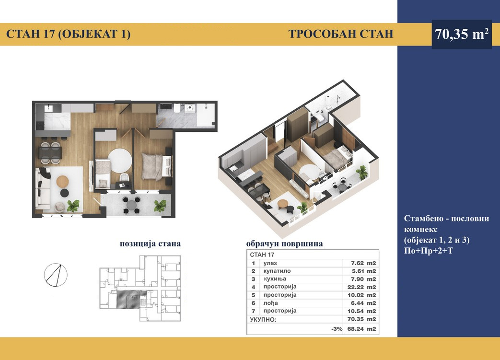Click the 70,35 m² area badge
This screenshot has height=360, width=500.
pos(462,34)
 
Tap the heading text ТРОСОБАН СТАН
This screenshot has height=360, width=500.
pos(341,34)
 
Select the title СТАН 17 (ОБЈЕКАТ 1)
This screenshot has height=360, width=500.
pos(68,34)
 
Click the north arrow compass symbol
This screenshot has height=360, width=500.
pos(56,275)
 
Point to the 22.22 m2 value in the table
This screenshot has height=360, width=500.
pos(361,287)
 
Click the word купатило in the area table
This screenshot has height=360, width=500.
pos(277,271)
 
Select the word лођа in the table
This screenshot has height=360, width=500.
pos(270,303)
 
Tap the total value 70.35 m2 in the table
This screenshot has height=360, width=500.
pos(361,319)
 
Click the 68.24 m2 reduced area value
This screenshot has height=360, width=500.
pos(361,329)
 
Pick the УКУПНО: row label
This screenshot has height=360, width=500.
pos(263,320)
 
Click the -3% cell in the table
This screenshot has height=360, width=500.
pos(337,329)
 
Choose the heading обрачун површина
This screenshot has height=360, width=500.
pos(284,244)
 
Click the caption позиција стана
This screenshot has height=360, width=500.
pos(150,244)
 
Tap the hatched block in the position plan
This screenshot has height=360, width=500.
pos(128,299)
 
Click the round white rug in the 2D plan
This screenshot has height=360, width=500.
pos(120,161)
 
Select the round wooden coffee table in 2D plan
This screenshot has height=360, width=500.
pos(62,181)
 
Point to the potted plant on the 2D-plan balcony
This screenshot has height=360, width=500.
pos(160,206)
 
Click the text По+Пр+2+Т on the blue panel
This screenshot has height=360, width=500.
pos(428,251)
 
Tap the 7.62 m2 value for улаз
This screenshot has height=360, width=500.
pos(363,263)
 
